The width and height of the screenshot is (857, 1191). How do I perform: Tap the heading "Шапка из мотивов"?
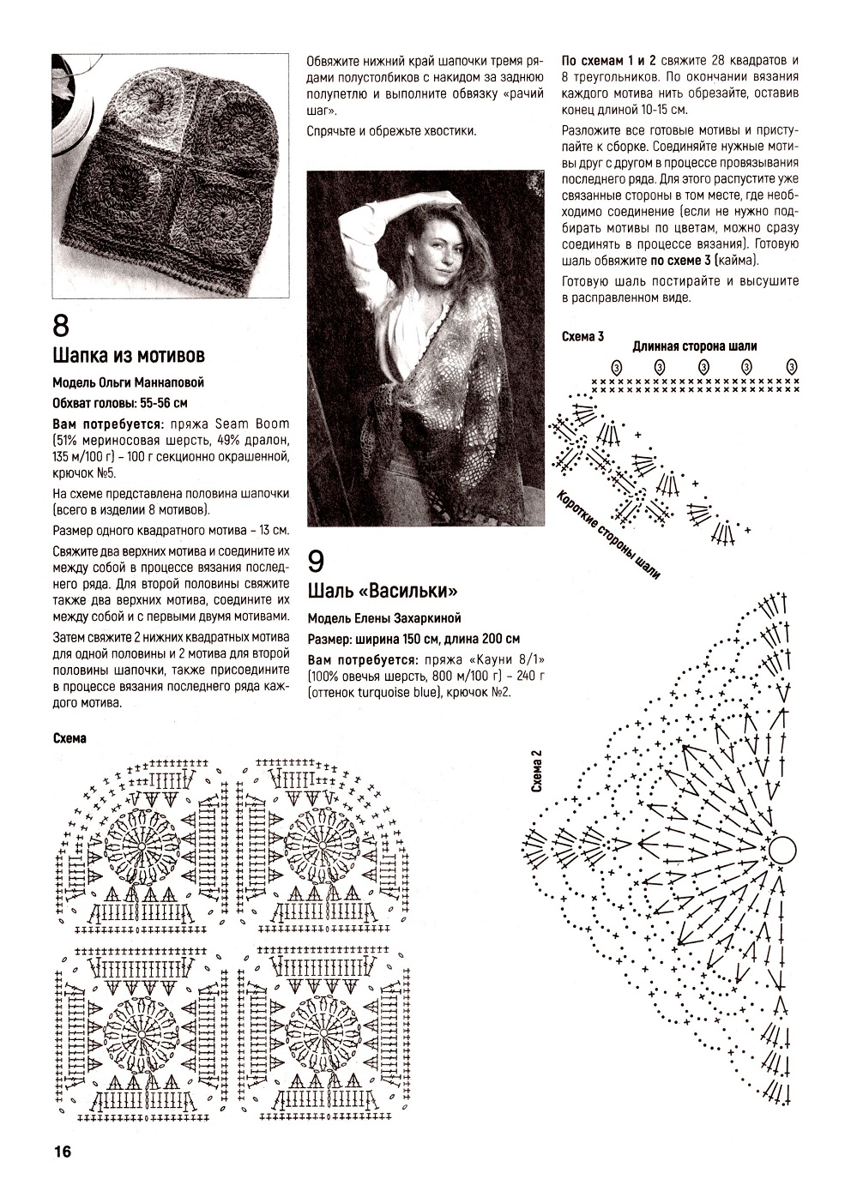pos(129,355)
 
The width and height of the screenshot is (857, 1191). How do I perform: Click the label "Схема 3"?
pos(582,336)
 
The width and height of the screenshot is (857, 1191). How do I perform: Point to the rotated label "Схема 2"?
pos(537,772)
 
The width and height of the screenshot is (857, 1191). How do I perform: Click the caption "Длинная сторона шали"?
pos(695,346)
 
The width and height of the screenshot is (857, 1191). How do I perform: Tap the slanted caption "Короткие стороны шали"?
pos(608,536)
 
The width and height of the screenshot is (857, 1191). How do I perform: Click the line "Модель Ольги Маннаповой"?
pos(129,382)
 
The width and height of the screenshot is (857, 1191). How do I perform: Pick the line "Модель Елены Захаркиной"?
pos(384,617)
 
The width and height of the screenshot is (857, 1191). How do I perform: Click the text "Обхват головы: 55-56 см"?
pos(120,402)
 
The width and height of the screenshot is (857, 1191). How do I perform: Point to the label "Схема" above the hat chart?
pos(69,738)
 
